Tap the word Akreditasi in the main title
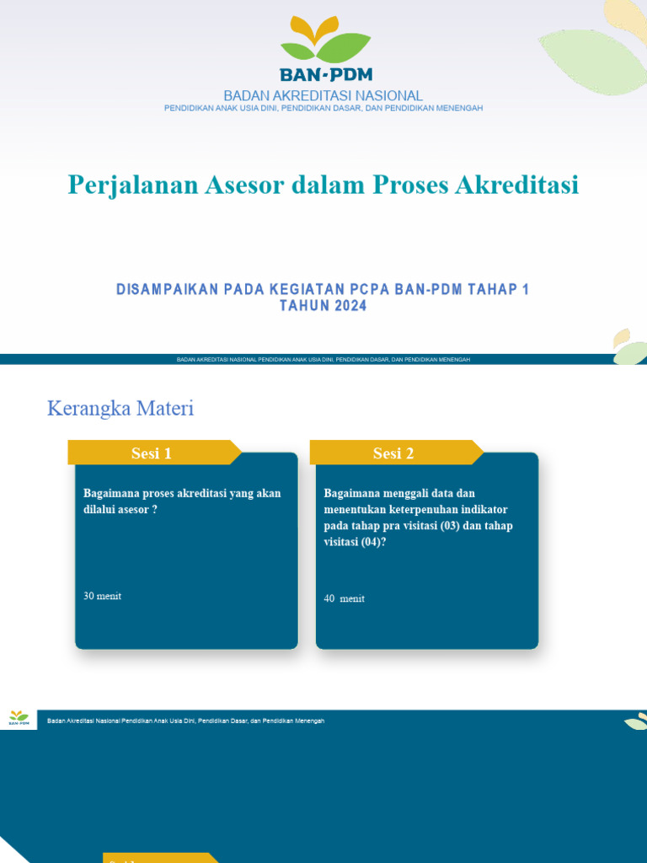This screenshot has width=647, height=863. (x=516, y=185)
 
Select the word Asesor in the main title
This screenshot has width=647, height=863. (x=242, y=185)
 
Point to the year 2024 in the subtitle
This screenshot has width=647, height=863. (x=350, y=307)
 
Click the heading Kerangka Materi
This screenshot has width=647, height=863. (x=120, y=409)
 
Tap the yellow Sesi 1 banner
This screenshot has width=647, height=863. (x=152, y=453)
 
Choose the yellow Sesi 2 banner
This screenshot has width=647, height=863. (x=393, y=453)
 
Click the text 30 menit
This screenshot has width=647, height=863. (x=102, y=596)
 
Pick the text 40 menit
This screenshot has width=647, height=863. (x=344, y=598)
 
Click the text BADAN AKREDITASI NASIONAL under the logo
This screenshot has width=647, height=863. (x=323, y=96)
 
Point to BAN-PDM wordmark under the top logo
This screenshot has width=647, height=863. (x=324, y=75)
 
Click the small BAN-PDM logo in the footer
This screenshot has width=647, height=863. (x=19, y=718)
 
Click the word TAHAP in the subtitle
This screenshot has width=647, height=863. (x=494, y=290)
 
